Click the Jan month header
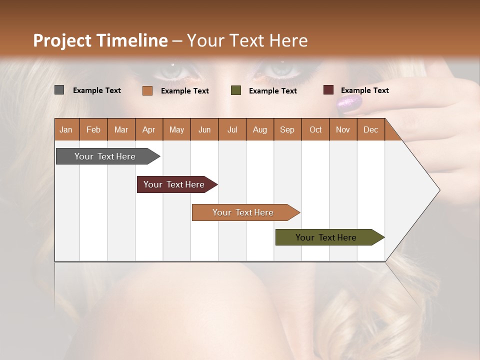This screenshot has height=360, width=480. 66,129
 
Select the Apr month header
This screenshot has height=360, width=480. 149,129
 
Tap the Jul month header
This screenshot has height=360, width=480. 232,129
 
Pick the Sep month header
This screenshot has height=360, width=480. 287,129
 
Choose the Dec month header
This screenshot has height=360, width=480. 370,129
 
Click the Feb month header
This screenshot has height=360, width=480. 93,129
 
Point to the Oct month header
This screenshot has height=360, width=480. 315,129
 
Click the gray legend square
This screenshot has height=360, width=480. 59,90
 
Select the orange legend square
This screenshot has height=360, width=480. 147,90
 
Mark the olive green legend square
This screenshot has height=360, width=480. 236,90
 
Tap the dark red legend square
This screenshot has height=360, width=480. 328,90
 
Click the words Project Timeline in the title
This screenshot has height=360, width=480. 100,40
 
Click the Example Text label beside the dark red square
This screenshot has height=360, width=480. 364,90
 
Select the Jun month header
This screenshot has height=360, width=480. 204,129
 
